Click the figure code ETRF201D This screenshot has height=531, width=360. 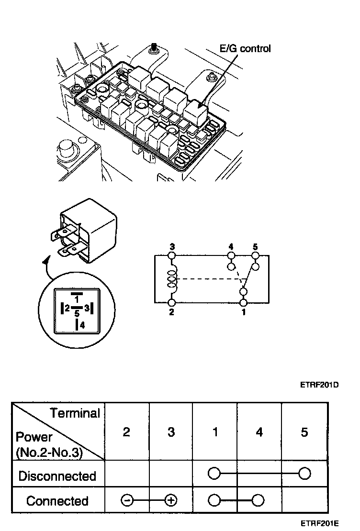coord(320,383)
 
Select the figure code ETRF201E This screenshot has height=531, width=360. coord(320,524)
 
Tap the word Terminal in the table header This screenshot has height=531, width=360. coord(76,413)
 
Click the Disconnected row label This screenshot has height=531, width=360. coord(57,476)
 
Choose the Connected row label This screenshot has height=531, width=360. coord(57,501)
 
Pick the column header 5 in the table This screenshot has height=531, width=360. coord(304,432)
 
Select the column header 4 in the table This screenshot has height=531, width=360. coord(259,432)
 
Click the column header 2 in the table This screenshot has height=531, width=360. coord(126,432)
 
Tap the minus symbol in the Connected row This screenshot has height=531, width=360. coord(126,501)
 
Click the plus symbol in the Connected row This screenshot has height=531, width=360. coord(171,501)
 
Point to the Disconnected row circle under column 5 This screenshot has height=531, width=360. coord(304,474)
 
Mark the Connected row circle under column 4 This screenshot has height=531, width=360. coord(259,501)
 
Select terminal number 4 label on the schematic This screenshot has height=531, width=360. coord(231,247)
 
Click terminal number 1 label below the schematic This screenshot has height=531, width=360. coord(244,312)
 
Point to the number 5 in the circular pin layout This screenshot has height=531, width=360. coord(76,314)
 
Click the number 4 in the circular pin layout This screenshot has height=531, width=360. coord(82,325)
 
